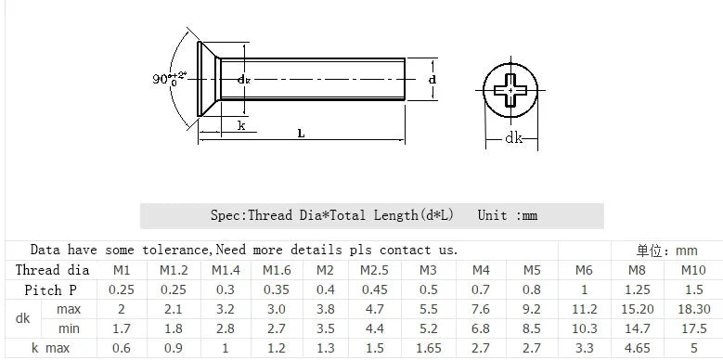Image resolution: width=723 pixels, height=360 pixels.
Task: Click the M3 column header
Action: pyautogui.click(x=428, y=270)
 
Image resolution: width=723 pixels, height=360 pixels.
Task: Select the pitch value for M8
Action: pyautogui.click(x=637, y=289)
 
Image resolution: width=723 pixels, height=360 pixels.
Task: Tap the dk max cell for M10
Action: pyautogui.click(x=693, y=309)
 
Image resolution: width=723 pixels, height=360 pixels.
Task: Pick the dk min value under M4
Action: pyautogui.click(x=481, y=328)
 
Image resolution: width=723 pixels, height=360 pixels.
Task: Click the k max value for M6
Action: pyautogui.click(x=584, y=348)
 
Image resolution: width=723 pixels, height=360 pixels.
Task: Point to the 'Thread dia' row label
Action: pyautogui.click(x=52, y=270)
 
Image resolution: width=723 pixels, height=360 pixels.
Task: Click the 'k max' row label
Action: pyautogui.click(x=51, y=348)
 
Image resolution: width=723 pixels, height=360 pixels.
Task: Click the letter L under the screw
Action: pyautogui.click(x=301, y=134)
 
